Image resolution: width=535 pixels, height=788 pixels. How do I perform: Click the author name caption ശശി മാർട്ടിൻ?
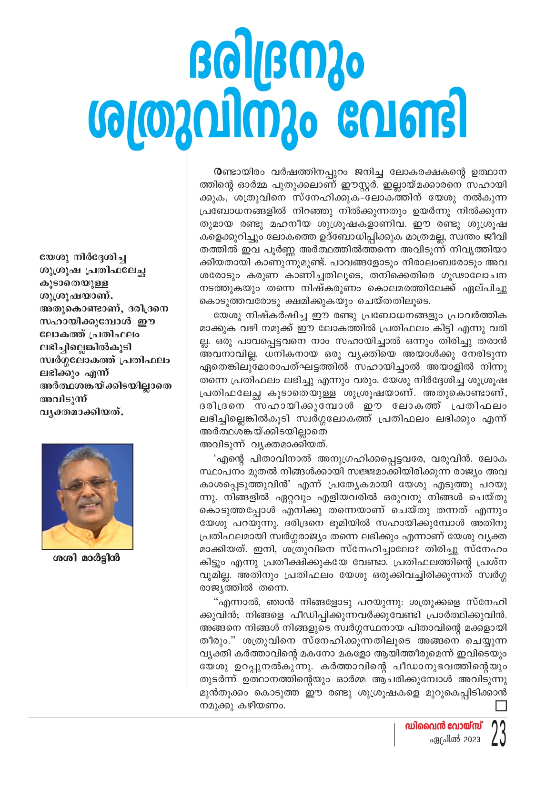87,558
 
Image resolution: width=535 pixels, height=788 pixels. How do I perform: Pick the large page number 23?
498,734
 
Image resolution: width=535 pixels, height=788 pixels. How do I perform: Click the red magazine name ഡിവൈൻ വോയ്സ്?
444,726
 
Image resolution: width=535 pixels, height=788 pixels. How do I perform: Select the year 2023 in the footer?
472,740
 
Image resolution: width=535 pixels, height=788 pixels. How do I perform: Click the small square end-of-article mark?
501,706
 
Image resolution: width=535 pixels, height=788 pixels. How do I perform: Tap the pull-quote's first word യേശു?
54,258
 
